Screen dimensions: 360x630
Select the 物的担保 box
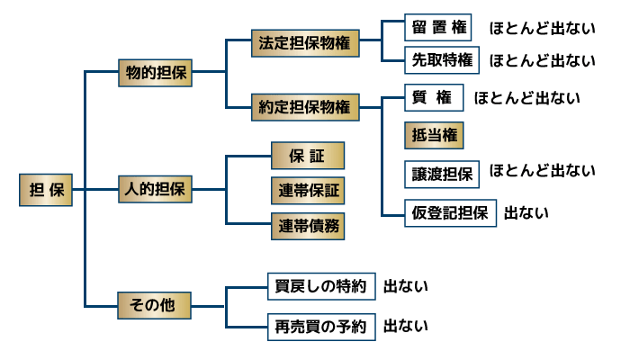coord(154,74)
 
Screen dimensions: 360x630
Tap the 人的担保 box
coord(154,190)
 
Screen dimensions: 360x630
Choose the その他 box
coord(154,305)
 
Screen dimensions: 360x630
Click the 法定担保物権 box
coord(304,42)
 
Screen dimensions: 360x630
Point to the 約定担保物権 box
coord(304,107)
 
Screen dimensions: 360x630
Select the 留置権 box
coord(438,28)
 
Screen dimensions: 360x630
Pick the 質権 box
coord(435,97)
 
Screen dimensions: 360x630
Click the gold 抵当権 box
coord(435,135)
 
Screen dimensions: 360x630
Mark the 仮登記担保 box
coord(449,212)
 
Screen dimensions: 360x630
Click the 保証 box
coord(307,156)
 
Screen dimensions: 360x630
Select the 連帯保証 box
coord(307,190)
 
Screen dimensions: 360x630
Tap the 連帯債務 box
coord(307,225)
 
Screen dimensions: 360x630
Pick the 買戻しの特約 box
coord(319,287)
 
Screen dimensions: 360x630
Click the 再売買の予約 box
coord(319,326)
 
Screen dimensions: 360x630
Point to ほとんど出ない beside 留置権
coord(542,28)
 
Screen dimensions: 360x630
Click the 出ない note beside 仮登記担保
coord(526,213)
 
